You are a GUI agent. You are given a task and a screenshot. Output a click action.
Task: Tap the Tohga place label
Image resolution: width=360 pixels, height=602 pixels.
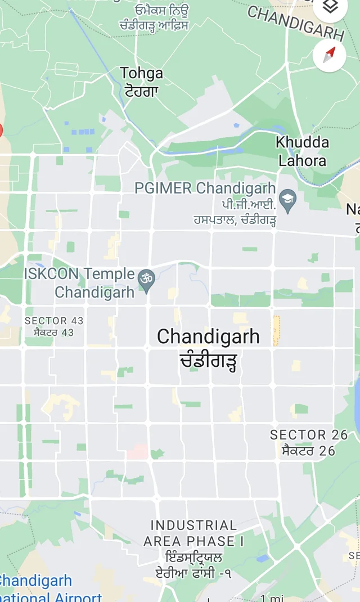tap(142, 73)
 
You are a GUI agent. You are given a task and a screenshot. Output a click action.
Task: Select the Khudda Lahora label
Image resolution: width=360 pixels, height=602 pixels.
tap(302, 151)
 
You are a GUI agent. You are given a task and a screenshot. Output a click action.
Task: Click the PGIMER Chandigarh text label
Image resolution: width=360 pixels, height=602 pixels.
tap(205, 188)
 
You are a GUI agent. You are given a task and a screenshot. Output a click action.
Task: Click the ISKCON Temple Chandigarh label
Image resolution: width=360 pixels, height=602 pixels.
tap(80, 283)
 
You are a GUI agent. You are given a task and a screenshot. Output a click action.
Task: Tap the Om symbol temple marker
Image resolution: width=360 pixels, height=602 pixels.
tap(147, 280)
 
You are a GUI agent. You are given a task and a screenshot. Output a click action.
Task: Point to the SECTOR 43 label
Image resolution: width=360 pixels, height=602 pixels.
tap(54, 321)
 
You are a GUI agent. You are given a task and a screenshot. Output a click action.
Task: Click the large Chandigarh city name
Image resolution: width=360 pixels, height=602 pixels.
tap(208, 337)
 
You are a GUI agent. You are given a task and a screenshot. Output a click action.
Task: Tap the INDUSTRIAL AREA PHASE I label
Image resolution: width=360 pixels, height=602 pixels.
tap(193, 533)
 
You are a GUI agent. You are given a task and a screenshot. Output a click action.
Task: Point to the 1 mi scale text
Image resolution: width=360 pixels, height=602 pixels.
tap(272, 597)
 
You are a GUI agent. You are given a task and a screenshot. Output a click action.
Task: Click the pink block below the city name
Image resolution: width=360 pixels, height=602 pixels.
tap(137, 452)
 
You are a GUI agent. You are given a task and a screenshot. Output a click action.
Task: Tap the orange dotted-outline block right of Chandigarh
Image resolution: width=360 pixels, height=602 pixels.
tap(276, 331)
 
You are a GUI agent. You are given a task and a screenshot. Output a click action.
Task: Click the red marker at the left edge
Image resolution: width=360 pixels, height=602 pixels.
tap(1, 131)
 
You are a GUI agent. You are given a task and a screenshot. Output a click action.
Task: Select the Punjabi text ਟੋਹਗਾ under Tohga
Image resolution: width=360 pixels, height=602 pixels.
tap(142, 91)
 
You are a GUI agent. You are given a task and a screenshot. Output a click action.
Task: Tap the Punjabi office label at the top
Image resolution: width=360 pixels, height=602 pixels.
tap(154, 17)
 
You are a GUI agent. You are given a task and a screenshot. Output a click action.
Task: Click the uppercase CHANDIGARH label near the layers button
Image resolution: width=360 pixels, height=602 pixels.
tap(295, 23)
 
